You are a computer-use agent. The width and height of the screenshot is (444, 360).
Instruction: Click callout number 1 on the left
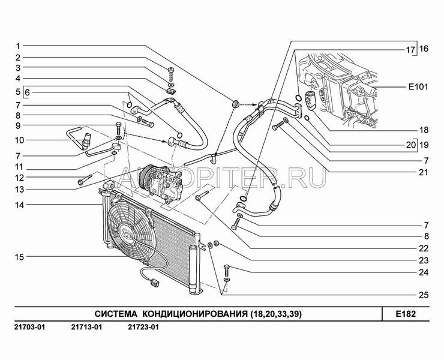coord(18,46)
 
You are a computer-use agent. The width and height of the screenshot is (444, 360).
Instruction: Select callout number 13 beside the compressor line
coord(20,189)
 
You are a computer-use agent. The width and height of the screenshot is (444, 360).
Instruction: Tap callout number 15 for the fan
coord(20,257)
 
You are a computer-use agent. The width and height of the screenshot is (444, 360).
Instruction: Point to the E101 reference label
coord(418,86)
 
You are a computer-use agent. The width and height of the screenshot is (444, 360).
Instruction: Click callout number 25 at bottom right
coord(424,295)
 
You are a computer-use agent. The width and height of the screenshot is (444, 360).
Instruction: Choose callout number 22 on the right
coord(424,248)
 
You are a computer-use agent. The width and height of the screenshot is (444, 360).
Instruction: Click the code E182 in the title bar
coord(406,314)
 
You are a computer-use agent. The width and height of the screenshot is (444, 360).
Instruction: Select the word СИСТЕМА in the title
coord(116,314)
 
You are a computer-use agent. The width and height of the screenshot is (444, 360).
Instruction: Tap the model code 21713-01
coord(86,328)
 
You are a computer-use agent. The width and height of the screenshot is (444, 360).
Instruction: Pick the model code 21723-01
coord(143,328)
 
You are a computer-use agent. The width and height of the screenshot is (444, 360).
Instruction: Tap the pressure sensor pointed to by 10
coord(86,140)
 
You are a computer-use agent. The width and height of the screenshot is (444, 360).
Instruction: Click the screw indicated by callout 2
coord(171,74)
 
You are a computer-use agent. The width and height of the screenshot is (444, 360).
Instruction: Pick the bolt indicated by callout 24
coord(227,271)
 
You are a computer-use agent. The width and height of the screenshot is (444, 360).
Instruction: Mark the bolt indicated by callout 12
coord(85,180)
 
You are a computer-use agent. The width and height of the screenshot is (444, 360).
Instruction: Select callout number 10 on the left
coord(20,140)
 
